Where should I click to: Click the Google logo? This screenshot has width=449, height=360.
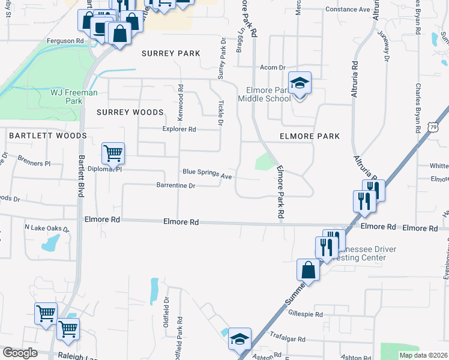[19, 353]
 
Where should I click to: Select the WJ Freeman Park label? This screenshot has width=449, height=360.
[66, 97]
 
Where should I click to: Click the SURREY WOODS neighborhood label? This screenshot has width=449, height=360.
[130, 112]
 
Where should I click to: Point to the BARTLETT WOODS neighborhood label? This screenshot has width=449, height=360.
[48, 136]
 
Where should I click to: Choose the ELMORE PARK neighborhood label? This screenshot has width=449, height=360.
[310, 136]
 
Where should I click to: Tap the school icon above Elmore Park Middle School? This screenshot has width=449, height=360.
[300, 85]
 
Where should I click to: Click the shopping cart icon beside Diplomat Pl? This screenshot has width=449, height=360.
[113, 154]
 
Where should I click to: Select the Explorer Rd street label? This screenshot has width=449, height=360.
[179, 129]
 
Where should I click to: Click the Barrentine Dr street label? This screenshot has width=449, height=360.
[176, 186]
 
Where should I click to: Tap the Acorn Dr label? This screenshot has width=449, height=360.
[273, 68]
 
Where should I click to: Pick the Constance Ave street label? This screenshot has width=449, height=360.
[348, 10]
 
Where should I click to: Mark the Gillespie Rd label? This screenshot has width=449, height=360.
[306, 314]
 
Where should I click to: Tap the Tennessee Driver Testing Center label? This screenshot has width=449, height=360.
[359, 253]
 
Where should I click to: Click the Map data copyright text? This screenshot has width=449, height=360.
[423, 355]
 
